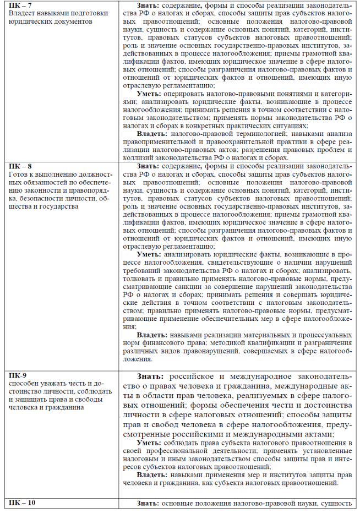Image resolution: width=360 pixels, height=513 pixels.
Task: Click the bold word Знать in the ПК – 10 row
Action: pos(149,503)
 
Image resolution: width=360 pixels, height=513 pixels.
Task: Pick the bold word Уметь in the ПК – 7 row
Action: pos(149,94)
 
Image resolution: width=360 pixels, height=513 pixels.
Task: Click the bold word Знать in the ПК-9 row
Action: pos(150,376)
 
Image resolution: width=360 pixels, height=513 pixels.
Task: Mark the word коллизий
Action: pos(138,158)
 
